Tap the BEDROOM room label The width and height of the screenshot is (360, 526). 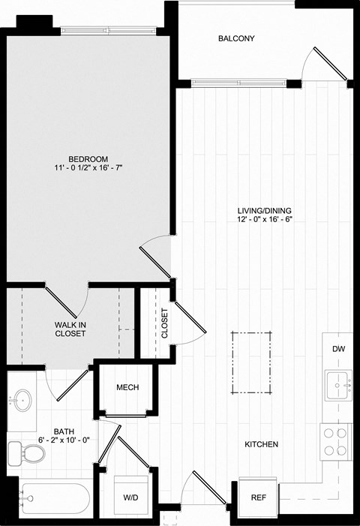(88, 159)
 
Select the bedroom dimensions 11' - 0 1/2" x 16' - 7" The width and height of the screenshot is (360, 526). (88, 170)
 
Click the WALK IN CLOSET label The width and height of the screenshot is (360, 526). (69, 329)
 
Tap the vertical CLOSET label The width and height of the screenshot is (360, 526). (165, 323)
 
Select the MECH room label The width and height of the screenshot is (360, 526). (126, 388)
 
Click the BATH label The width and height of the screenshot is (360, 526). (63, 432)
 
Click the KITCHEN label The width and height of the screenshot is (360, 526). (262, 445)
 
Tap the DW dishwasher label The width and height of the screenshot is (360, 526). (338, 350)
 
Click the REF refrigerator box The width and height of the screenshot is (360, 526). (258, 497)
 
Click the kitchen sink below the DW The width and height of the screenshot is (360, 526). (338, 386)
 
